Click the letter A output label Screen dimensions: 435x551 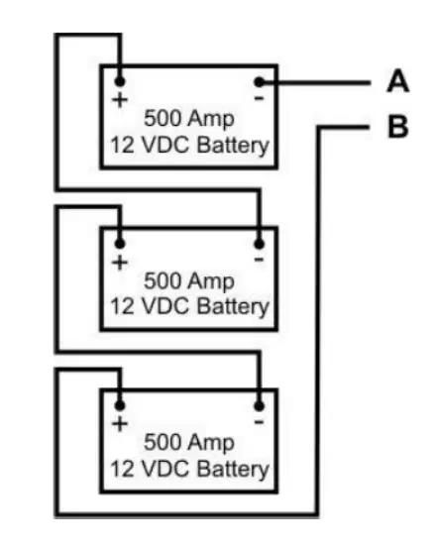click(x=397, y=81)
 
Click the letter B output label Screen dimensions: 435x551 click(x=398, y=126)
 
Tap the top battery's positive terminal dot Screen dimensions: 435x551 click(x=120, y=81)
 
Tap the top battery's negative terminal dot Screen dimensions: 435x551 click(x=259, y=82)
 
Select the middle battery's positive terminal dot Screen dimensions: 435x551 click(x=120, y=243)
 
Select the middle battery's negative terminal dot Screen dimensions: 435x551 click(x=259, y=244)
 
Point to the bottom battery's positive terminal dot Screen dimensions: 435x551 click(x=120, y=405)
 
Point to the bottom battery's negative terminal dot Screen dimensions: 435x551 click(x=259, y=406)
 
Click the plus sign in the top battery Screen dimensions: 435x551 click(x=120, y=100)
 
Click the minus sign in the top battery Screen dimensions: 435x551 click(x=259, y=98)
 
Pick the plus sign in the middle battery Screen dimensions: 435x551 click(x=120, y=263)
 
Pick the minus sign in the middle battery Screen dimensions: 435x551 click(x=259, y=260)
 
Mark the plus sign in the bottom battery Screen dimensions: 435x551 click(x=120, y=424)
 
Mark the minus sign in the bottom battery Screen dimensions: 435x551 click(x=259, y=422)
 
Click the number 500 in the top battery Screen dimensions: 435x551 click(x=160, y=118)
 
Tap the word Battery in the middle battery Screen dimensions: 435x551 click(x=233, y=306)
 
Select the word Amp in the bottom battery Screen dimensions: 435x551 click(x=210, y=443)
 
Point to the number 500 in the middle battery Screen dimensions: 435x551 click(x=160, y=280)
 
